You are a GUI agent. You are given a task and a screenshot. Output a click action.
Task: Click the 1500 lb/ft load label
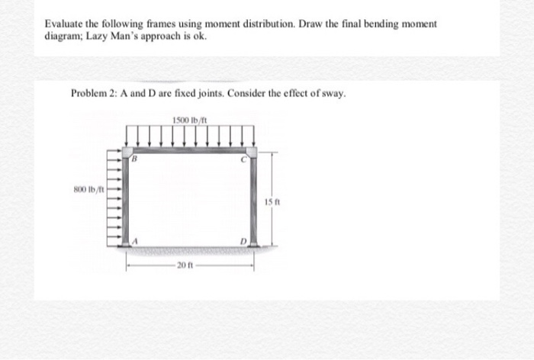[x=191, y=119]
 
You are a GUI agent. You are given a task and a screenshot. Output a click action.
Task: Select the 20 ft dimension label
[x=185, y=265]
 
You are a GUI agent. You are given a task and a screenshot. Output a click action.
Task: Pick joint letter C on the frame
[x=243, y=159]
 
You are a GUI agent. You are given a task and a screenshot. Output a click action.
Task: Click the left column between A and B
[x=128, y=200]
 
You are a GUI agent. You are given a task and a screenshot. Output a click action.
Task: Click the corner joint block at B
[x=127, y=151]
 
